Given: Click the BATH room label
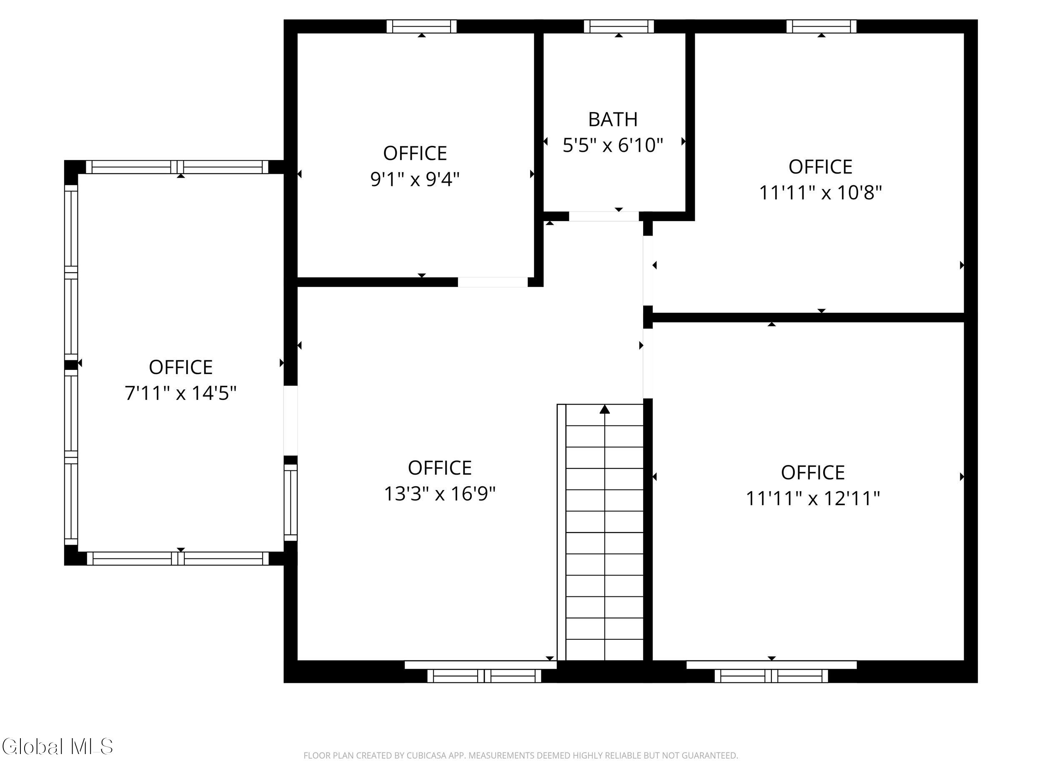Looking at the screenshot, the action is coord(613,119).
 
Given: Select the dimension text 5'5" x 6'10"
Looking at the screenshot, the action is coord(613,145).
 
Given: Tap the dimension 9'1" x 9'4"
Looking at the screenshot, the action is coord(415,179).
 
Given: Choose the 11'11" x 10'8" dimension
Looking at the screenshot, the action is coord(821,192).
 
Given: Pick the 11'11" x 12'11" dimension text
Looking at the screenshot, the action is coord(813,498).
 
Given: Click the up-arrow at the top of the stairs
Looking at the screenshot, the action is coord(605,409).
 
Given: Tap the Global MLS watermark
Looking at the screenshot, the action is coord(58,746).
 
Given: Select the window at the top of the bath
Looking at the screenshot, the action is coord(619,26).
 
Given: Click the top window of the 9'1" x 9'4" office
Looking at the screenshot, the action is coord(422,26).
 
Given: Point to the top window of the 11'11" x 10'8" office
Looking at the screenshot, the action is coord(822,26).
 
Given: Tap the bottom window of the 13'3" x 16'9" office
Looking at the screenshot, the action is coord(484,676).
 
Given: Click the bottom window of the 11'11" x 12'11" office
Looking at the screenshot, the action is coord(771,676).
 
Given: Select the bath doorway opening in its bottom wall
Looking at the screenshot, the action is coord(604,216).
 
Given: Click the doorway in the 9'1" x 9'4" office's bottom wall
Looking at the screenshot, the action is coord(493,282).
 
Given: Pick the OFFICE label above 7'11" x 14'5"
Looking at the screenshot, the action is coord(180,367).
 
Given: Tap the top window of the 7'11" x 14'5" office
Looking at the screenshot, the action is coord(177,167).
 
